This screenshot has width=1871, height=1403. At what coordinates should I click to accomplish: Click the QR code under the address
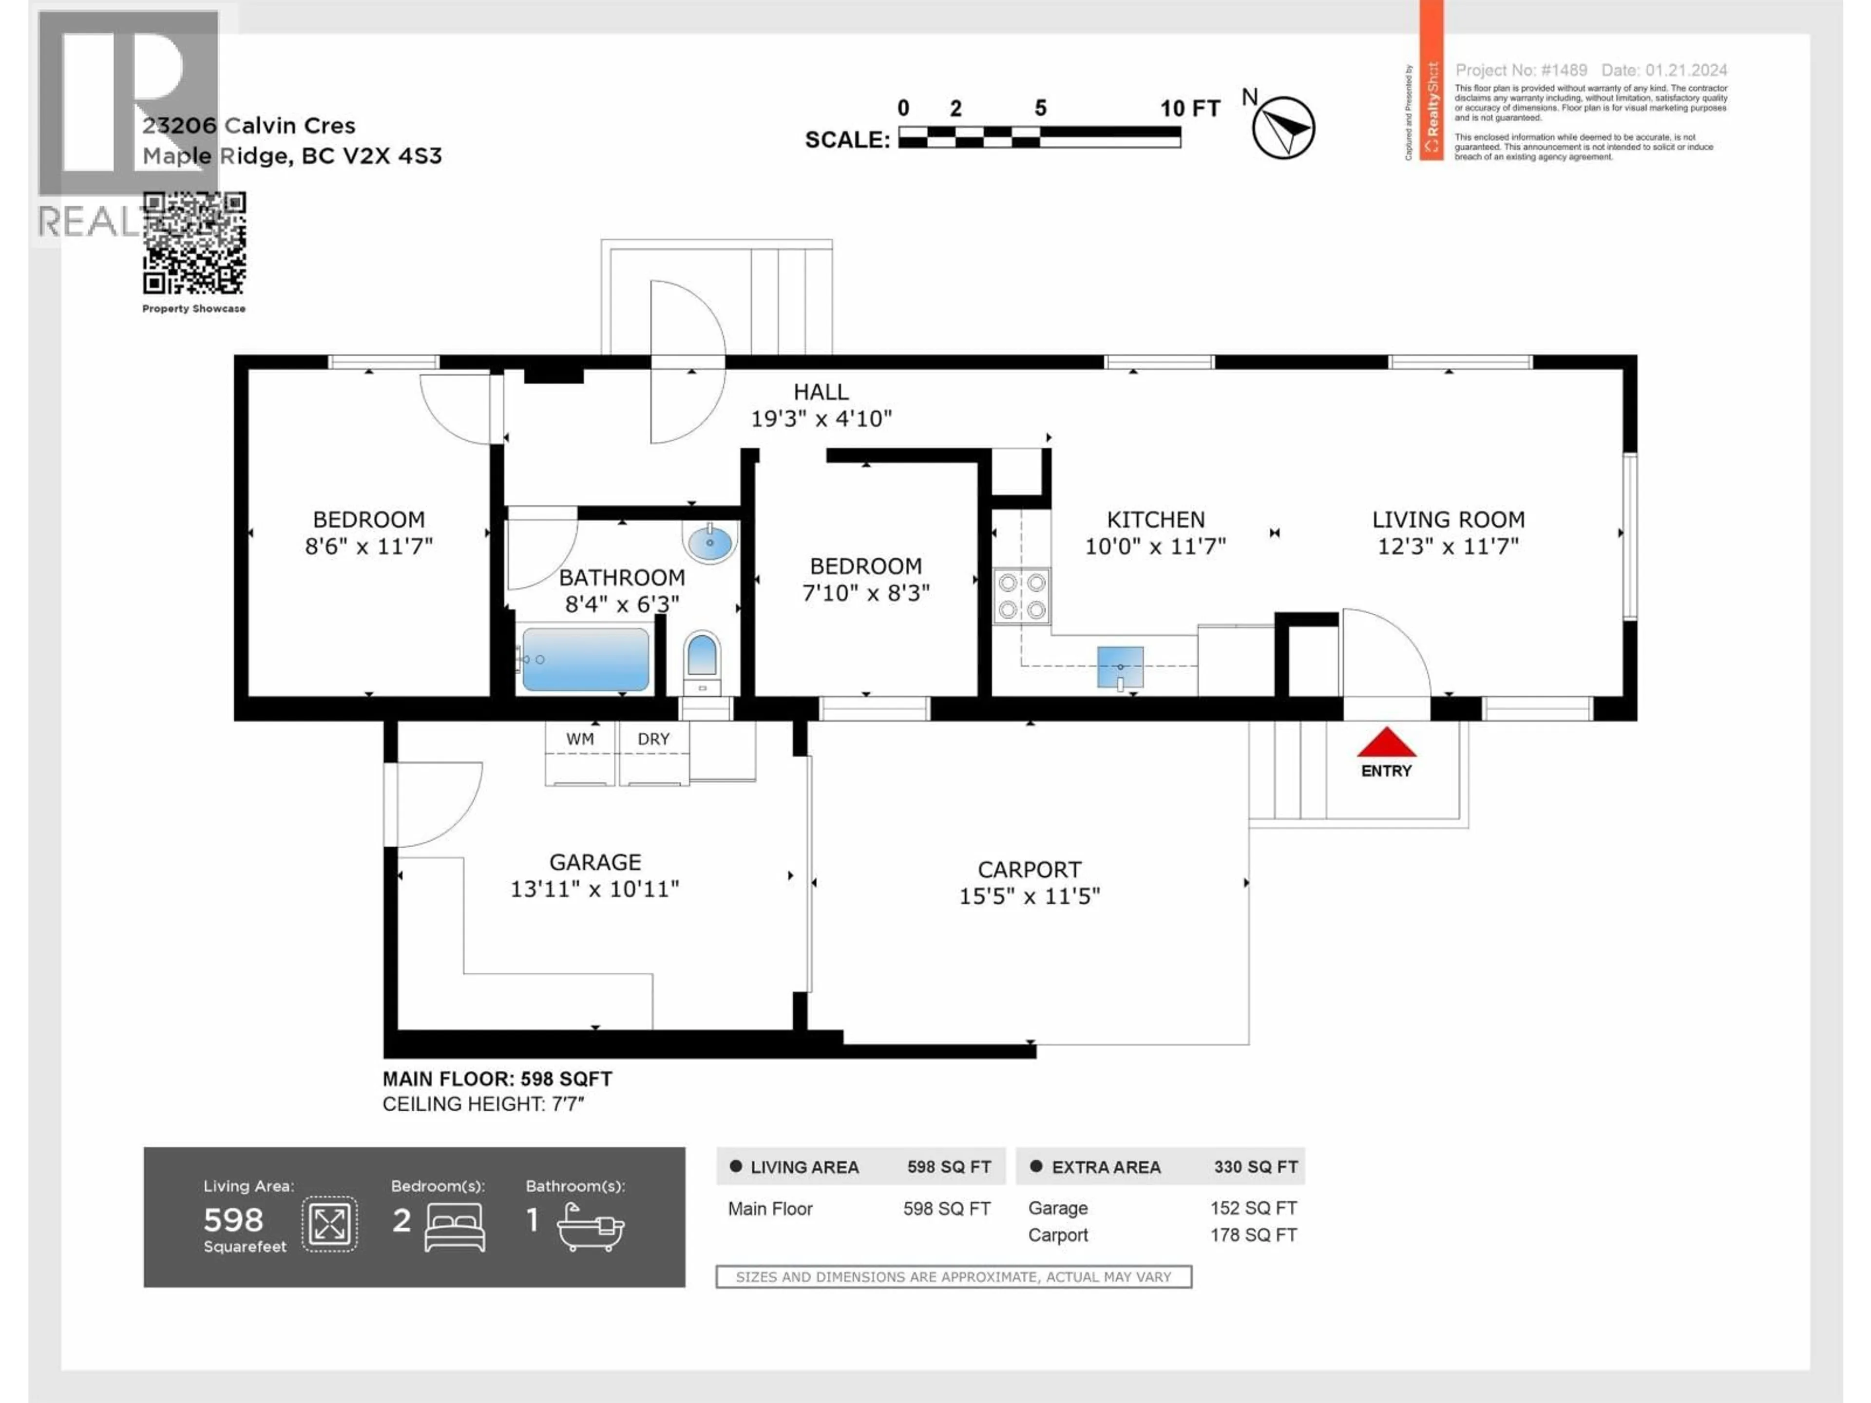tap(194, 243)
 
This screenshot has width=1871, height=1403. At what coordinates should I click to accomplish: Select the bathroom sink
tap(709, 542)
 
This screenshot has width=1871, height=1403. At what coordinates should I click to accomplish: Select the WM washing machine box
tap(580, 752)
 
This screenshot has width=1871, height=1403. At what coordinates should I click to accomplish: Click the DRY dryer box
tap(654, 752)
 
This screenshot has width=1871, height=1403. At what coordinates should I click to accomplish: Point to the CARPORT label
tap(1029, 870)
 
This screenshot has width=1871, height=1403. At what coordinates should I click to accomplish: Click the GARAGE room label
tap(594, 862)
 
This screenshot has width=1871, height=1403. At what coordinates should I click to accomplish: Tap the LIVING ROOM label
tap(1448, 519)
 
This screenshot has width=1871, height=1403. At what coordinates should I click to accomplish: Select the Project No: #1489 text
tap(1521, 70)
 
